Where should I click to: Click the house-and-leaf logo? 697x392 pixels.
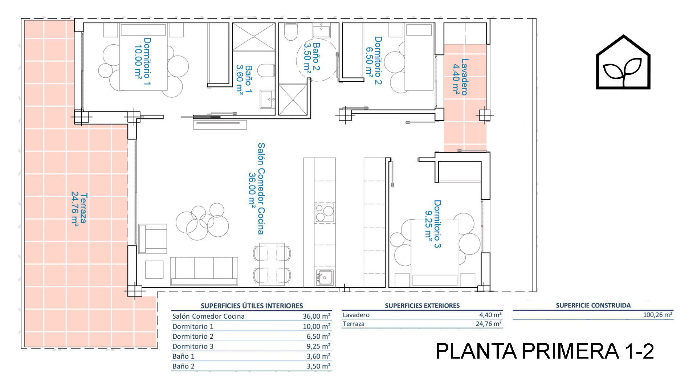pyautogui.click(x=623, y=62)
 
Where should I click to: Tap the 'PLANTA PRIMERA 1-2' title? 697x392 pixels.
pyautogui.click(x=545, y=351)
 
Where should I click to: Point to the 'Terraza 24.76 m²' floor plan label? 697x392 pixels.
pyautogui.click(x=79, y=208)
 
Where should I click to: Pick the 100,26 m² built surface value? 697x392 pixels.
pyautogui.click(x=658, y=315)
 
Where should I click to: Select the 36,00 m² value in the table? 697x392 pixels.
pyautogui.click(x=317, y=316)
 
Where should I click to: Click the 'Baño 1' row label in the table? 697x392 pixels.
pyautogui.click(x=183, y=356)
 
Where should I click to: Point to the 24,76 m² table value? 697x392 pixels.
pyautogui.click(x=489, y=323)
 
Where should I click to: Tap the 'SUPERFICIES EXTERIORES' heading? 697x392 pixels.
pyautogui.click(x=422, y=306)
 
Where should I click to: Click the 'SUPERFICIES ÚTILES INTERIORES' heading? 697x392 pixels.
pyautogui.click(x=252, y=306)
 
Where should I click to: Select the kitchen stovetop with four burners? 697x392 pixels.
pyautogui.click(x=325, y=213)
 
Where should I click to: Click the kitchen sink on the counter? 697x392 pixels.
pyautogui.click(x=325, y=278)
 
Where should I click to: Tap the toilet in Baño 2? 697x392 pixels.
pyautogui.click(x=291, y=32)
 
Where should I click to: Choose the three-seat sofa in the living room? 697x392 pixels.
pyautogui.click(x=204, y=271)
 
